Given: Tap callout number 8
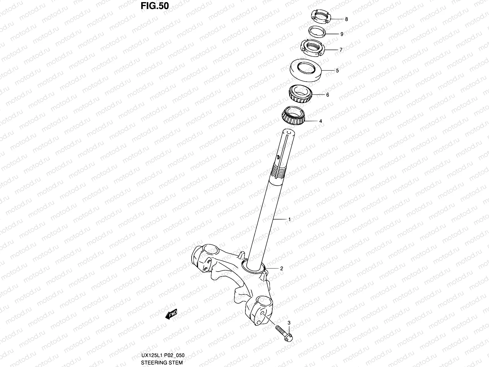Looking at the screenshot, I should [x=346, y=19].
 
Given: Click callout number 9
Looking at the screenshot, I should [x=342, y=34].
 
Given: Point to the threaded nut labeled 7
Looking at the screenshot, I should [x=312, y=48].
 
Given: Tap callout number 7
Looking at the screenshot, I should [x=341, y=50].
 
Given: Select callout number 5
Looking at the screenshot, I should [x=337, y=71].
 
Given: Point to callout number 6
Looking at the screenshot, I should [x=328, y=95].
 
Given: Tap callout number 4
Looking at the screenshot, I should [x=321, y=121].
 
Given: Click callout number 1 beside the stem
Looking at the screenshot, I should [x=289, y=219].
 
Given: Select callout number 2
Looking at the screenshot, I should [x=281, y=269].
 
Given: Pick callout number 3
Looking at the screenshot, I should [x=289, y=323].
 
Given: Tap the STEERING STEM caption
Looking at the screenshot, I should [x=162, y=363].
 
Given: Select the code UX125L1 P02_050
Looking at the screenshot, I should [x=163, y=355].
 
